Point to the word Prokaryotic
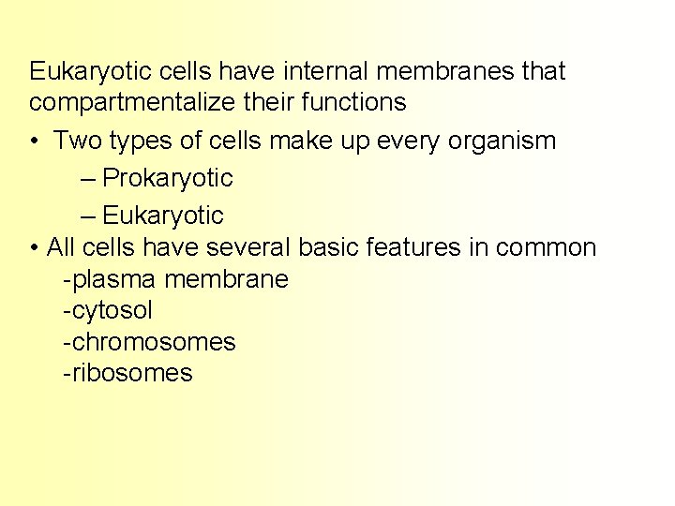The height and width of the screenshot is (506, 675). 168,177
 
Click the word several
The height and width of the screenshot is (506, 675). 249,247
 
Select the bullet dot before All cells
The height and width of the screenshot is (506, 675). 34,248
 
